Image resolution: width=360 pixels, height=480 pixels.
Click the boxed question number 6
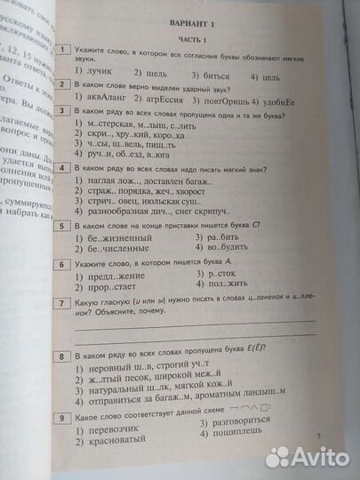pos(67,264)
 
